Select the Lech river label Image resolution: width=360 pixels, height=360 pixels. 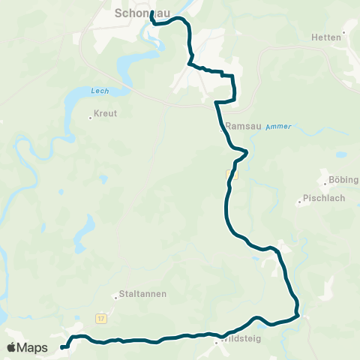[x=100, y=91]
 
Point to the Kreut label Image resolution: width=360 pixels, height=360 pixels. [x=106, y=114]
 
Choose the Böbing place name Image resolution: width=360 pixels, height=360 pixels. [x=343, y=180]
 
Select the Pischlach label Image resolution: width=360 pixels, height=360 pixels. [x=319, y=199]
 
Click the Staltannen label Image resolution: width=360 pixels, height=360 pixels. [x=139, y=295]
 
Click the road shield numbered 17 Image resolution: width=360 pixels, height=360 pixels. [x=101, y=319]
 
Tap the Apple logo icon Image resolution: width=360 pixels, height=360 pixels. [x=12, y=347]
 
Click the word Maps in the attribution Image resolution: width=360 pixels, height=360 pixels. [x=33, y=347]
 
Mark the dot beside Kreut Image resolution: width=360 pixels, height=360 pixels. [x=90, y=116]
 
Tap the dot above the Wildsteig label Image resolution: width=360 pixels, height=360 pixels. [x=216, y=342]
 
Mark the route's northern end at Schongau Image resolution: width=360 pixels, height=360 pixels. [x=152, y=13]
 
